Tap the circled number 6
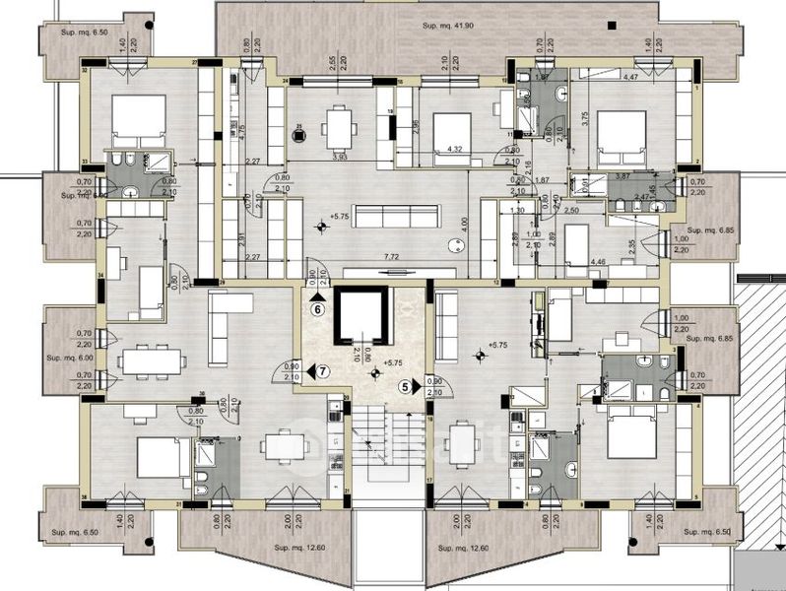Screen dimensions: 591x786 [317, 307]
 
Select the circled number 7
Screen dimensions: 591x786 [323, 371]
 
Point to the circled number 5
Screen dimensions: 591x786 [405, 387]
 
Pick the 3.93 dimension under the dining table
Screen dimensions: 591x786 [341, 157]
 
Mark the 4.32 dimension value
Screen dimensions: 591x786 [455, 150]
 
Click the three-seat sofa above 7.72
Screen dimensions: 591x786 [393, 217]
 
